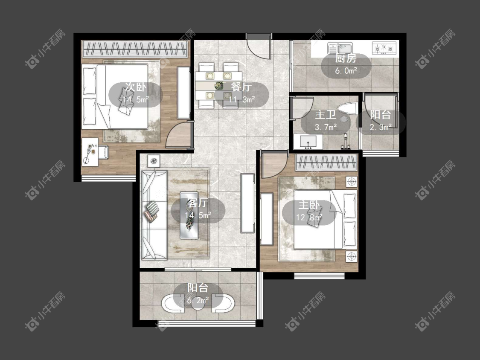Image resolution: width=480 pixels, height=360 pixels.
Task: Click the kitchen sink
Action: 340,48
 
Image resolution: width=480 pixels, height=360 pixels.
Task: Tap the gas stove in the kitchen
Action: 384,48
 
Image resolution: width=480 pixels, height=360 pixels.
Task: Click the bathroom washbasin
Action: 307,142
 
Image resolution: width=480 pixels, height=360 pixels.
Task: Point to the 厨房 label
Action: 346,58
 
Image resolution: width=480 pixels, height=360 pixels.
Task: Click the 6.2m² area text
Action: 198,300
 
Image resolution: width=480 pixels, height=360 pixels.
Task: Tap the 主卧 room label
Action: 309,205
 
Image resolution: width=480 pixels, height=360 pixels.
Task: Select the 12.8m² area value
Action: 309,218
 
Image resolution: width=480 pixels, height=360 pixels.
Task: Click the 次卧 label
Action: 136,87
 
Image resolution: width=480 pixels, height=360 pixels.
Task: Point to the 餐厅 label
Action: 241,87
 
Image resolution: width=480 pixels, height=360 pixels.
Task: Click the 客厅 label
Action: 198,203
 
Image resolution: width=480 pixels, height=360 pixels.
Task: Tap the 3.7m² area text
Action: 326,127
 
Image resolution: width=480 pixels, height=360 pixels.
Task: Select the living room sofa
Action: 154,215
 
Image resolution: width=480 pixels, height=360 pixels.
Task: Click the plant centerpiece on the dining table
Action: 218,85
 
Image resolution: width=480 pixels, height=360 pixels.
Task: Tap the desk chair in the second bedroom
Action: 103,152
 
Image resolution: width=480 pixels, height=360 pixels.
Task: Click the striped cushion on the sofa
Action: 152,211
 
